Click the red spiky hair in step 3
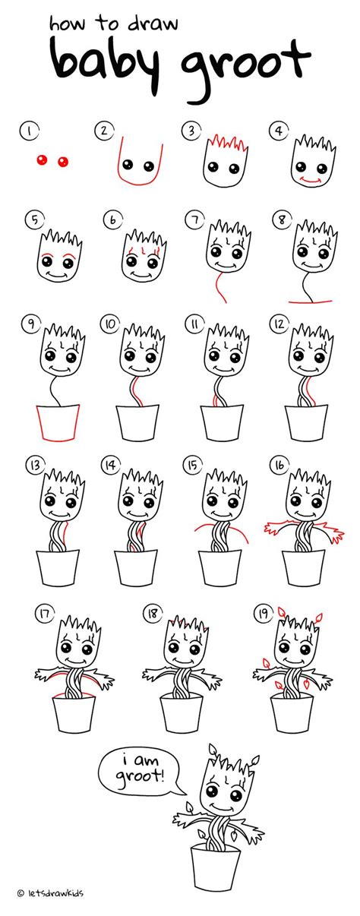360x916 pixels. coord(220,142)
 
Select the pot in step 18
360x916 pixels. coord(181,711)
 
